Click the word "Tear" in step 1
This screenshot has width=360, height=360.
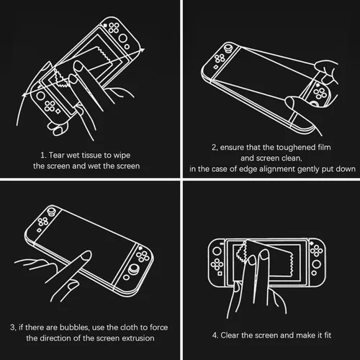(55, 154)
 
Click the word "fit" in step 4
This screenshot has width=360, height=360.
(326, 335)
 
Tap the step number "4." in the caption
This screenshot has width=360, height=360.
(216, 335)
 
